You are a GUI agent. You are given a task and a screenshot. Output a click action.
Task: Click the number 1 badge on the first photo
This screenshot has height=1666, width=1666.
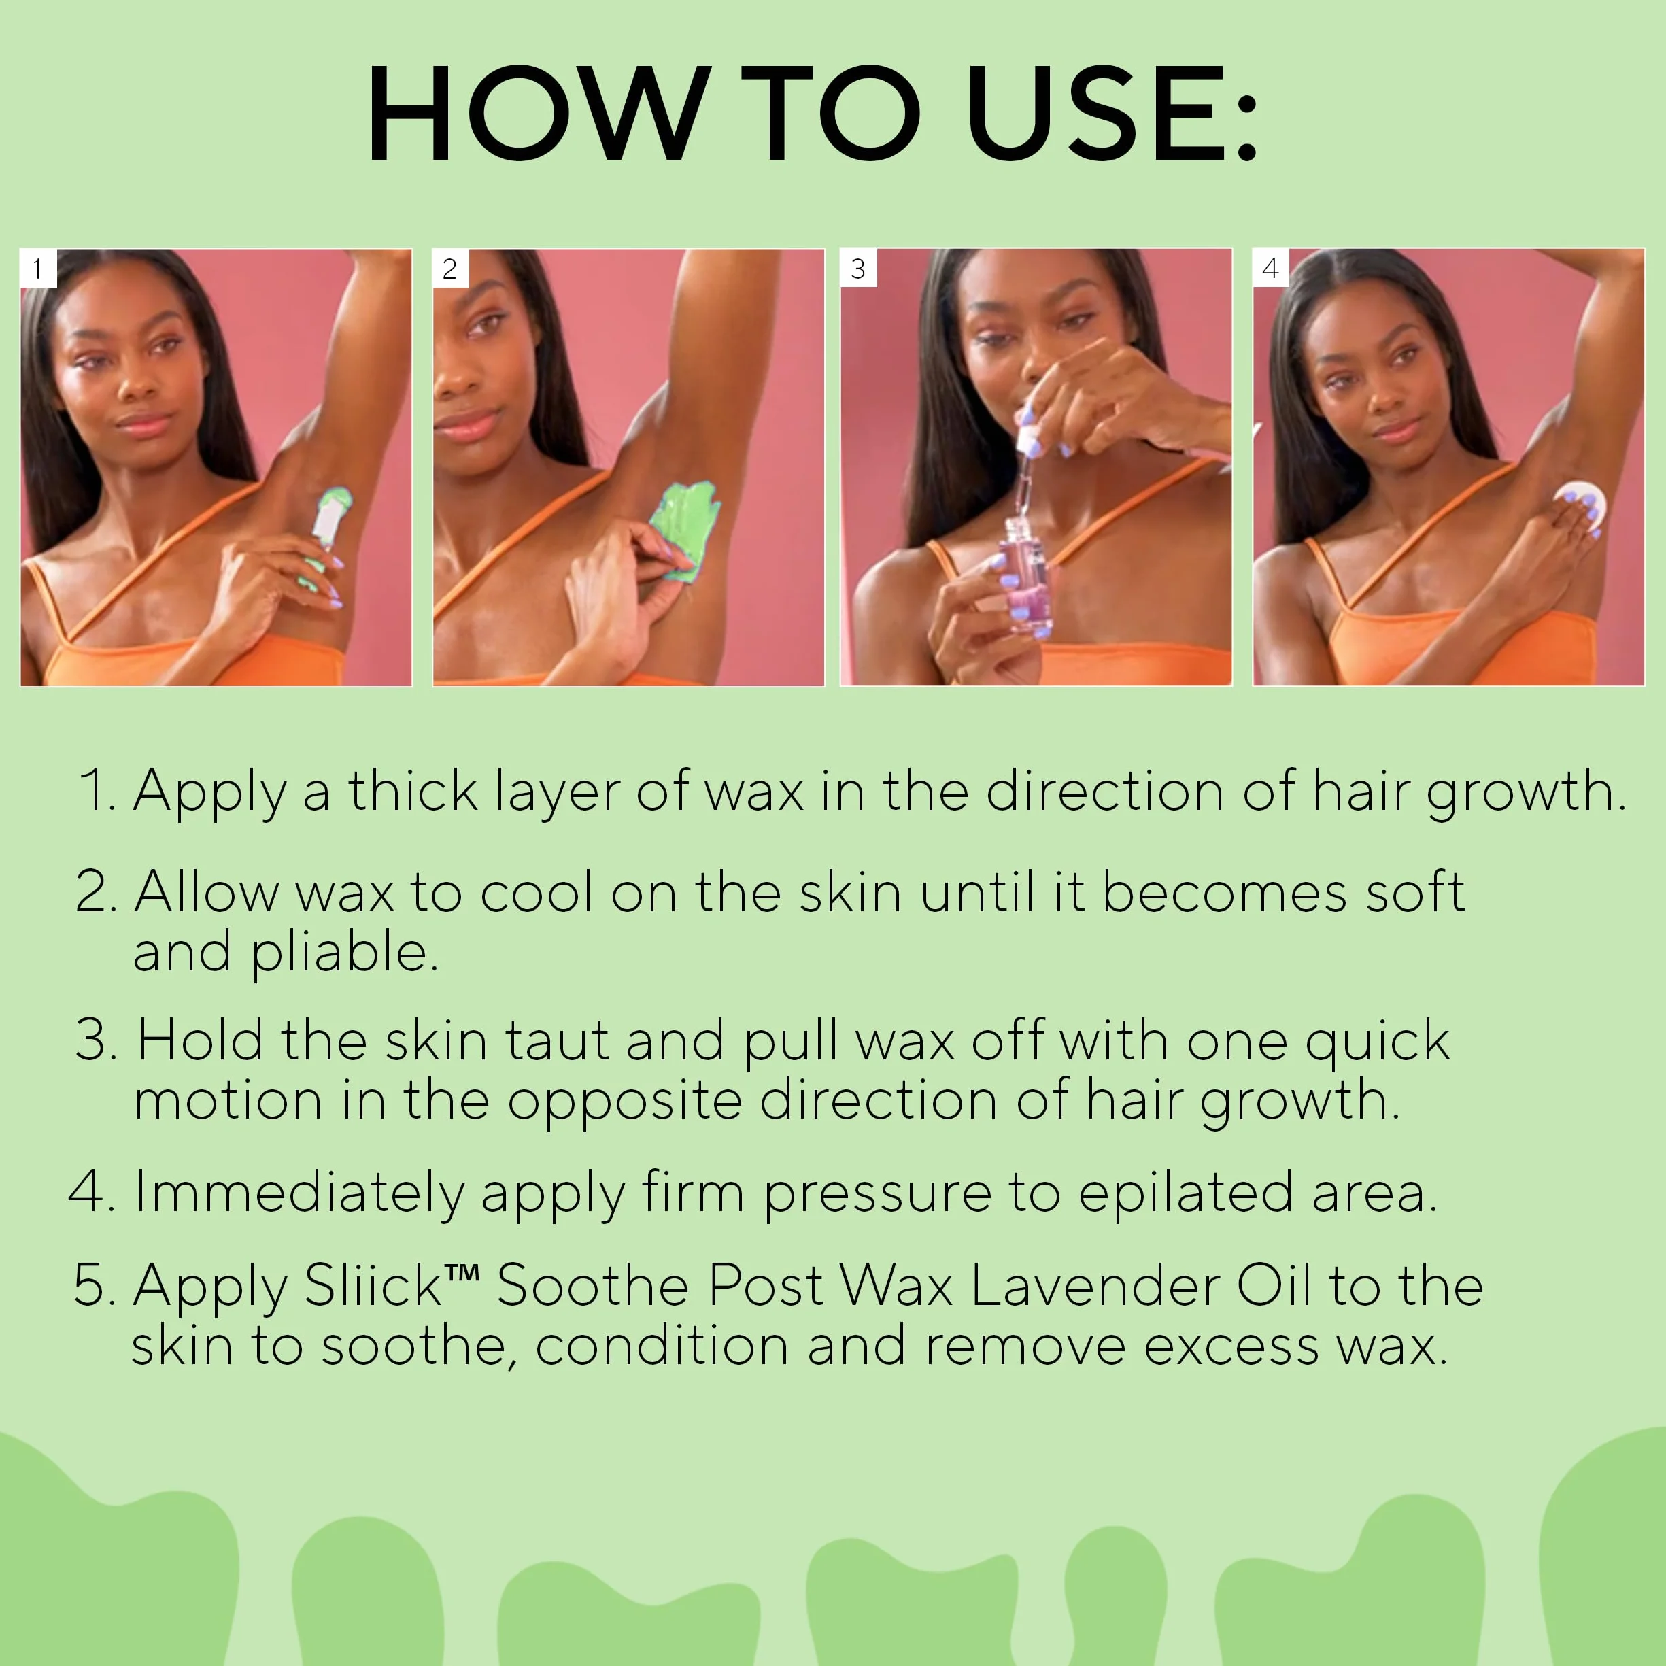pos(38,268)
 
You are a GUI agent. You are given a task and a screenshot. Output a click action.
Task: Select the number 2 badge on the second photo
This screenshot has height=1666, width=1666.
pos(449,268)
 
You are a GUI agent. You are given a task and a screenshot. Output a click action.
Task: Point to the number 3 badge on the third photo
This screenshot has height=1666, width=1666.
pos(858,268)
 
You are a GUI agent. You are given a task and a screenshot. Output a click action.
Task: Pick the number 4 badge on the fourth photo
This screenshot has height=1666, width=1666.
pos(1270,268)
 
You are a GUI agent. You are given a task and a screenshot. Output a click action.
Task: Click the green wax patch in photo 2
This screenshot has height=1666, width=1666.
pos(685,531)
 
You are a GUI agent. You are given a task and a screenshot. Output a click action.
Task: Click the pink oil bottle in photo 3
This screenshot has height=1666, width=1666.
pos(1025,573)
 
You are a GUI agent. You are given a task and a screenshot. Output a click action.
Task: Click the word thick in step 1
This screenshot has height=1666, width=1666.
pos(412,791)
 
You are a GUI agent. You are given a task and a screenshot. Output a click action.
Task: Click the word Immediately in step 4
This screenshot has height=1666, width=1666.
pos(299,1193)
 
